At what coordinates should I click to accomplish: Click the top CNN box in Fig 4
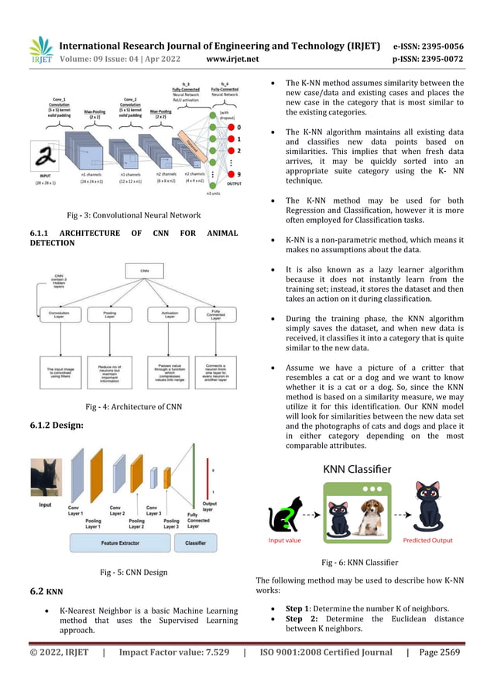[x=144, y=271]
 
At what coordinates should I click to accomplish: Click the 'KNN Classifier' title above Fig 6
[x=358, y=469]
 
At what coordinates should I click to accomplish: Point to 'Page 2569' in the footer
[x=440, y=652]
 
